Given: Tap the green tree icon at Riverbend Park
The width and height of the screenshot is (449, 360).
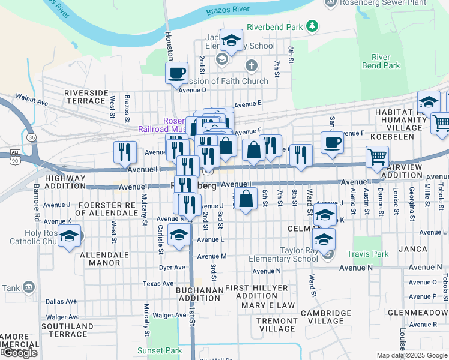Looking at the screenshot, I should (312, 26).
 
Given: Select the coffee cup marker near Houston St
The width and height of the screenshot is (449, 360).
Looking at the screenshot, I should (176, 74).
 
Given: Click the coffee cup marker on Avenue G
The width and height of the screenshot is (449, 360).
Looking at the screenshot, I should (332, 143).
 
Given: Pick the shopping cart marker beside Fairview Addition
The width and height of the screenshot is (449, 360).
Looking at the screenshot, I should (377, 157).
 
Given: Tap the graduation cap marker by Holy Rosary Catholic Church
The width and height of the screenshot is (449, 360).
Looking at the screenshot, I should (70, 236).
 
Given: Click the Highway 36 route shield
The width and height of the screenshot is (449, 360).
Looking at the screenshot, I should (32, 137).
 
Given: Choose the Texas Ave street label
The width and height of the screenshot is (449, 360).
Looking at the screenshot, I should (158, 284).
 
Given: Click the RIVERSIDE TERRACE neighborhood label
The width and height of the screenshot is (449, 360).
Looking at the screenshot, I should (86, 97).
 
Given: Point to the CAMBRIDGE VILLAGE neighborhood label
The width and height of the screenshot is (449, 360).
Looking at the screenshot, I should (326, 317).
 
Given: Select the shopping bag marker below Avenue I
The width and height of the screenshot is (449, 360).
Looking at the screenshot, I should (246, 199).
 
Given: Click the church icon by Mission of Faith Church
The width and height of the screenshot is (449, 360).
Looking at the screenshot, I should (252, 65).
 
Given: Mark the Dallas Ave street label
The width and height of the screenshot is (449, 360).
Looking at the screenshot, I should (61, 301).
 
